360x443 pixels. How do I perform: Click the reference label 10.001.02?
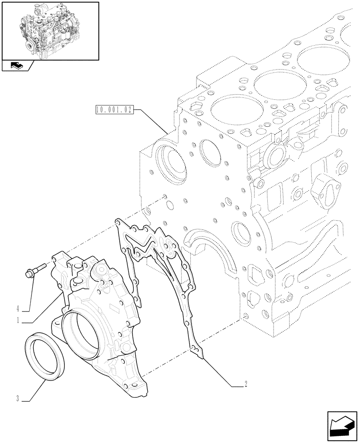[114, 110]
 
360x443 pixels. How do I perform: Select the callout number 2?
[245, 384]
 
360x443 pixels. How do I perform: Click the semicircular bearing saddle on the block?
[208, 248]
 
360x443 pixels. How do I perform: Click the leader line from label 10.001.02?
[151, 120]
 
